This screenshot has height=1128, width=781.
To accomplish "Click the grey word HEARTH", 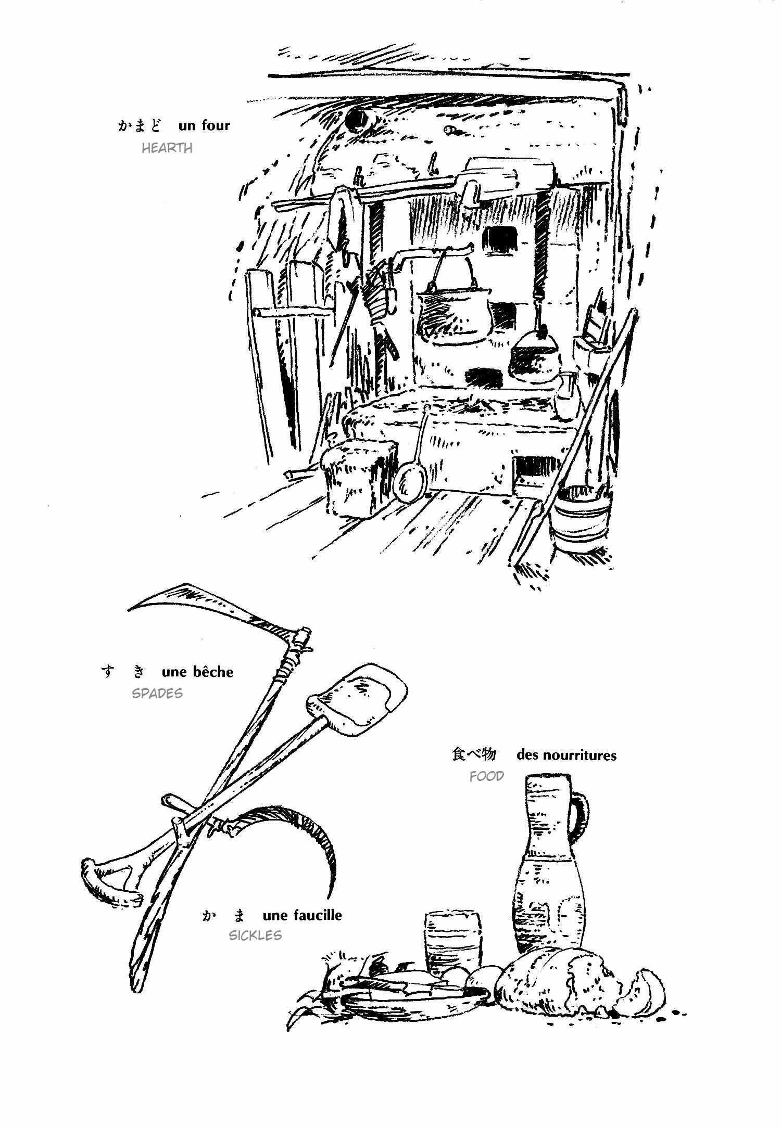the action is click(x=167, y=148).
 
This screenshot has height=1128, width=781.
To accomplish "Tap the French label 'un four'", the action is click(x=204, y=125).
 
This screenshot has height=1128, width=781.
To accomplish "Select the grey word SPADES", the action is click(x=157, y=694).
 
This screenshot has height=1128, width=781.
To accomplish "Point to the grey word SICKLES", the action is click(x=255, y=935).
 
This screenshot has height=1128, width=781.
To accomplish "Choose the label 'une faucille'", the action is click(x=302, y=915).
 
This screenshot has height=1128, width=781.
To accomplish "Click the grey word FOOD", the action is click(x=487, y=776).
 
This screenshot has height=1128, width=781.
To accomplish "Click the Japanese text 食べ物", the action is click(x=474, y=754).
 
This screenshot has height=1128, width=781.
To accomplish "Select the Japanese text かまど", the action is click(x=139, y=125).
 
